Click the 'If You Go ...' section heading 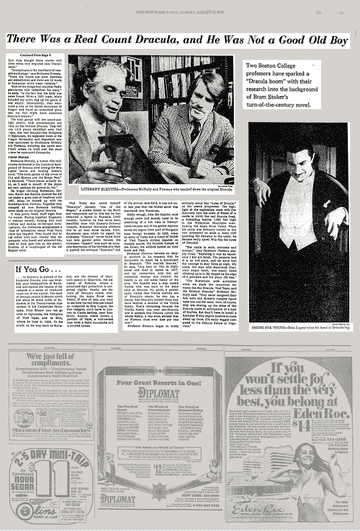(43, 270)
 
